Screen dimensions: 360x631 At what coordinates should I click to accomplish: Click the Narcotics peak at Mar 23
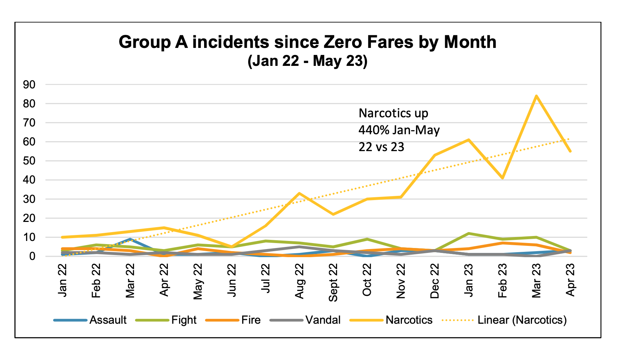(x=536, y=96)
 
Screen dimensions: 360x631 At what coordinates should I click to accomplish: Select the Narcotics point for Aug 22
(x=299, y=193)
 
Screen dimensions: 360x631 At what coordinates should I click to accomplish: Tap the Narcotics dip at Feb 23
(x=502, y=178)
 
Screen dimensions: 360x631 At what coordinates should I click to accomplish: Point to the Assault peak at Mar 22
(x=130, y=239)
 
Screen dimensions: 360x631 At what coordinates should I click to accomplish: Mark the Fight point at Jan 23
(x=468, y=234)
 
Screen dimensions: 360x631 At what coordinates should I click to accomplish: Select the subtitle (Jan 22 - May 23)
(x=307, y=61)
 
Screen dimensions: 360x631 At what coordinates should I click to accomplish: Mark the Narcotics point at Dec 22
(x=435, y=155)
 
